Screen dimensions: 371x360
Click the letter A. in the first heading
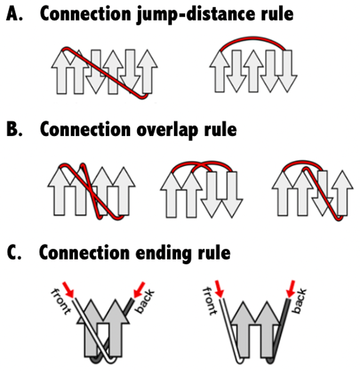[x=14, y=14]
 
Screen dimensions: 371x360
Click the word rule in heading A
[x=274, y=14]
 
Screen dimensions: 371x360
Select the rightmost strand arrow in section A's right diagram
[x=289, y=72]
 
